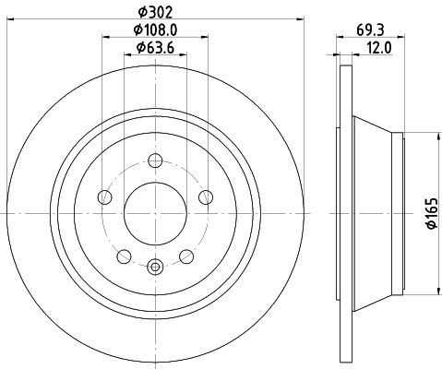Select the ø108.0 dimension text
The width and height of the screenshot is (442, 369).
point(154,30)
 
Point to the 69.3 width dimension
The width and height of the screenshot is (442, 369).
point(371,30)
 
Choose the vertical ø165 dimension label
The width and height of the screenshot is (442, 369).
point(430,213)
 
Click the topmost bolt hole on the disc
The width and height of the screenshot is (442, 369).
point(154,162)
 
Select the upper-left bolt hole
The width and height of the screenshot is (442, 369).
point(105,197)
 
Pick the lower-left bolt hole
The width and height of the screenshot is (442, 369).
point(124,255)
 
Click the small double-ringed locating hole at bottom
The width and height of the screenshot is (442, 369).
point(154,268)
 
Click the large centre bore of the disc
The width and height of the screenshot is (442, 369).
point(154,213)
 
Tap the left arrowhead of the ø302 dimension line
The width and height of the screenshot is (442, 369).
point(9,20)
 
